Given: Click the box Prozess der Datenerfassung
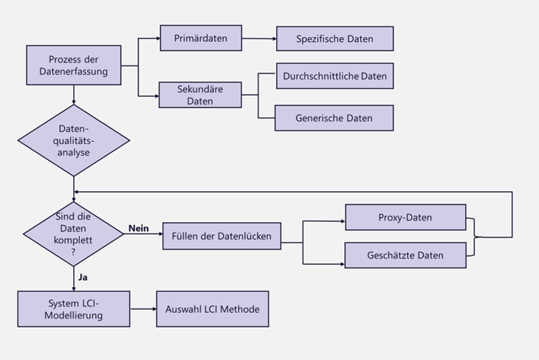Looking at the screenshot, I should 74,65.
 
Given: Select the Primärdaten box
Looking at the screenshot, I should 201,38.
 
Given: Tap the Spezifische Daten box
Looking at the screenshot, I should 334,38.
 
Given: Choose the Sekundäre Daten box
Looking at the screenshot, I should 201,94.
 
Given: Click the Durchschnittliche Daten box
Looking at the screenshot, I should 334,76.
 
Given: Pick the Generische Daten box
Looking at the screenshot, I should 334,118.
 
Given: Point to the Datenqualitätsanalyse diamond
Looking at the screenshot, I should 74,140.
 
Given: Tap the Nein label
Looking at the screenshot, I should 139,228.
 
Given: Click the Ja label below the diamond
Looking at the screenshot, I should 83,278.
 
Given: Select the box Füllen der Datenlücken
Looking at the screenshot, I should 222,237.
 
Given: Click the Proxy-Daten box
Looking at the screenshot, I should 405,218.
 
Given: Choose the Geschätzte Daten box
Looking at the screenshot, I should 405,255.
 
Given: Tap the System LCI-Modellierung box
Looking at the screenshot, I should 74,309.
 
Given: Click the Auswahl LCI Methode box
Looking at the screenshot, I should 212,309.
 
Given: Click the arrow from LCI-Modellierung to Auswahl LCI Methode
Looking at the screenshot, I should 143,309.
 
